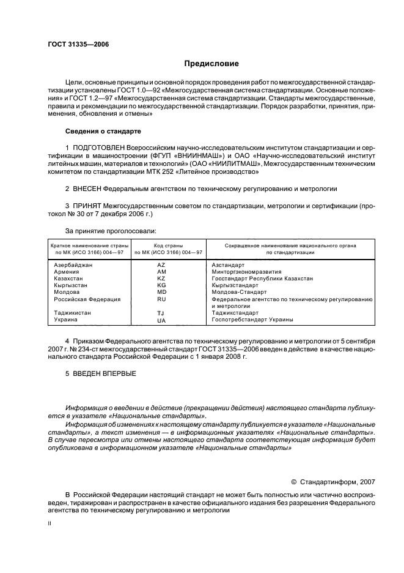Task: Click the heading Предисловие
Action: (x=212, y=64)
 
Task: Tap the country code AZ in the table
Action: (x=161, y=265)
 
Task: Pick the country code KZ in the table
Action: (x=161, y=279)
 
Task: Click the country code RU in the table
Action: (x=161, y=299)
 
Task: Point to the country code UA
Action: (x=161, y=320)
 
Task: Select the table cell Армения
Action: (x=66, y=272)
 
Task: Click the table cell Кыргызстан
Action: (x=70, y=285)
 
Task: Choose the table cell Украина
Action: (x=65, y=320)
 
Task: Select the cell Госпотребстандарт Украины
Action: (x=252, y=320)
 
